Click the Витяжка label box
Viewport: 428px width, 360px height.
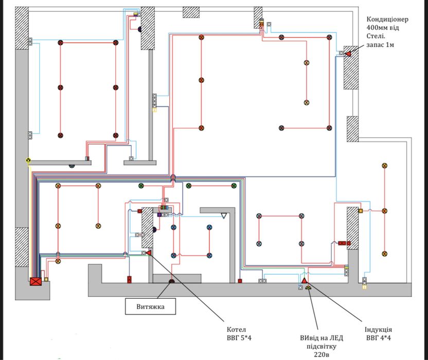[x=150, y=306]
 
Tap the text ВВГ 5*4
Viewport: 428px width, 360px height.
[x=239, y=338]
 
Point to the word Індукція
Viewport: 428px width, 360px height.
[x=378, y=329]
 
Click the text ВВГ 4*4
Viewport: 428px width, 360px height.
[x=378, y=338]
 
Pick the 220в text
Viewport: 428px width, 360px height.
[x=322, y=354]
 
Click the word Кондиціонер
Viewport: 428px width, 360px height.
[x=387, y=20]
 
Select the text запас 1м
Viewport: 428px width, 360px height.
[x=380, y=45]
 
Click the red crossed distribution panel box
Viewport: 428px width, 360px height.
[x=36, y=281]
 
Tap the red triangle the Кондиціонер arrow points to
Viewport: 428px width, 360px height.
[x=348, y=53]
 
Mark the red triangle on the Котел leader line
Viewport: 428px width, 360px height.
[x=149, y=253]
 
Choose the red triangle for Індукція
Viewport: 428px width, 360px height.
[x=305, y=280]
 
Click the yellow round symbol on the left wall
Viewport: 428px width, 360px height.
[x=28, y=160]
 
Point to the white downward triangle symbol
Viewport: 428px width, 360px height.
[x=224, y=216]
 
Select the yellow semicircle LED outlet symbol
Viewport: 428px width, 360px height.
[x=308, y=287]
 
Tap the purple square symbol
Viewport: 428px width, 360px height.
[x=159, y=215]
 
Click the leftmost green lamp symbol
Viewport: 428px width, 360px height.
[x=141, y=186]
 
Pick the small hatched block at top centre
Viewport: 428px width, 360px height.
[x=191, y=12]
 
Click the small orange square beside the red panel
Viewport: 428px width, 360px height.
[x=46, y=279]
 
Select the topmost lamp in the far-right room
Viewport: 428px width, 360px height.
[x=385, y=166]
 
